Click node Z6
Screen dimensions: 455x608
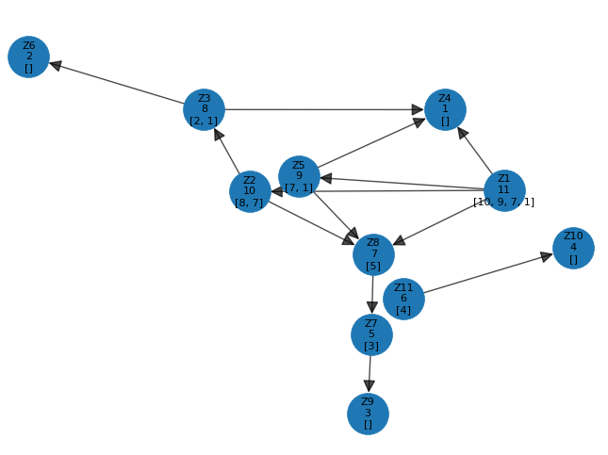click(x=28, y=57)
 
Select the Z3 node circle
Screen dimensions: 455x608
click(x=204, y=109)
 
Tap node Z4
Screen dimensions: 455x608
click(x=445, y=109)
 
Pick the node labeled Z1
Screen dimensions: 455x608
click(x=504, y=189)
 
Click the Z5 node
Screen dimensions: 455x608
click(x=299, y=176)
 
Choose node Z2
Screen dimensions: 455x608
click(x=250, y=191)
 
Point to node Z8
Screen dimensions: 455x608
click(x=373, y=254)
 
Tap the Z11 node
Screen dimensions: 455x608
click(x=403, y=299)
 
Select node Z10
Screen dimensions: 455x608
click(x=573, y=248)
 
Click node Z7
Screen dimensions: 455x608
click(x=371, y=334)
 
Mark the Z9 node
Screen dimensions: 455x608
click(x=368, y=414)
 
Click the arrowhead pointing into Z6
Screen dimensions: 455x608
click(x=56, y=65)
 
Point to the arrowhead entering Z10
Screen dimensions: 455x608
click(x=547, y=255)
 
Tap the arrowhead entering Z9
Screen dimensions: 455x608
click(x=370, y=386)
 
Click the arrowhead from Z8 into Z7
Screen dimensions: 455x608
click(x=372, y=307)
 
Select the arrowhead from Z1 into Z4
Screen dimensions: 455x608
click(x=463, y=133)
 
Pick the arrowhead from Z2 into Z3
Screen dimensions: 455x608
click(x=219, y=135)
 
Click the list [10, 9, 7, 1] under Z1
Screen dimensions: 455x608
click(x=503, y=202)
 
